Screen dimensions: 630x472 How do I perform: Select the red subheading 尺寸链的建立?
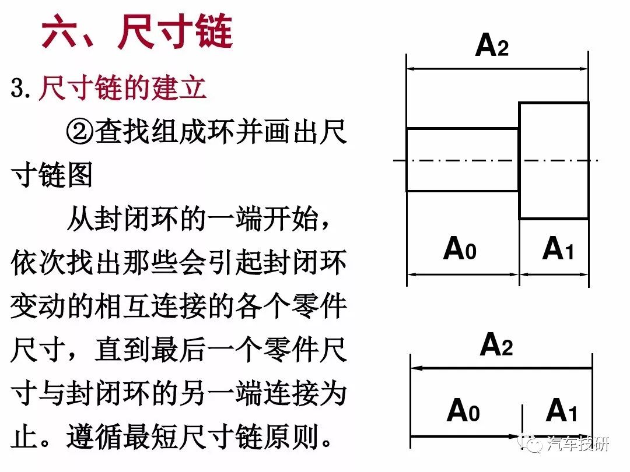coord(123,87)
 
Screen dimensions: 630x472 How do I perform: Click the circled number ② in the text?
coord(79,132)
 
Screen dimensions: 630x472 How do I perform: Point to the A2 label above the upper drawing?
coord(492,45)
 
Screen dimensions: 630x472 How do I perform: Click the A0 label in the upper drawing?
coord(460,248)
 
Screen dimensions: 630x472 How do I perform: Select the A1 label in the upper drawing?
coord(558,248)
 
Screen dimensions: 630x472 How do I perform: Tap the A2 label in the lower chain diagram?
coord(496,344)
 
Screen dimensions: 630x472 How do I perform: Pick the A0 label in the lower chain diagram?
coord(463,410)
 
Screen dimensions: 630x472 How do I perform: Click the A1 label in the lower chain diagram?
coord(562,410)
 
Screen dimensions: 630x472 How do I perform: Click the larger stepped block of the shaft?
coord(554,161)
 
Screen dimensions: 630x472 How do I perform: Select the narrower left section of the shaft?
coord(463,160)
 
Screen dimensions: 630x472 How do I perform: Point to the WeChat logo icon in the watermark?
coord(530,443)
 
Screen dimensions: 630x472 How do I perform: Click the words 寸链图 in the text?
coord(52,175)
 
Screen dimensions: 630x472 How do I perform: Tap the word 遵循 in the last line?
coord(94,436)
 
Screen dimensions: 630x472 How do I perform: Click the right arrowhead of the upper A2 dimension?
coord(583,69)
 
